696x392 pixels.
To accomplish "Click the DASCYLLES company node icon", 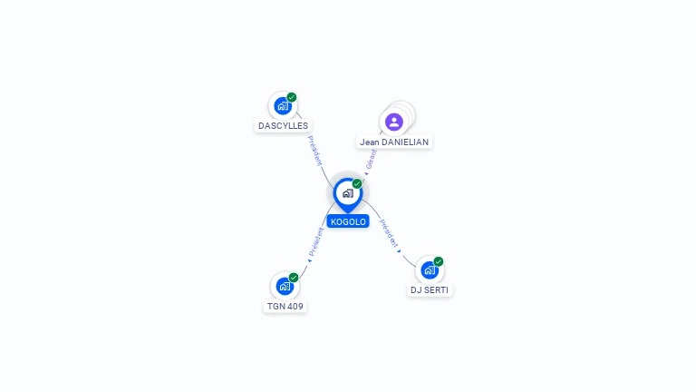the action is coord(283,106).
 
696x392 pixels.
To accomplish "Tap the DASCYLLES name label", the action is coord(283,126).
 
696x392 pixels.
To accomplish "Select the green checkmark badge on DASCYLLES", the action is coord(292,97).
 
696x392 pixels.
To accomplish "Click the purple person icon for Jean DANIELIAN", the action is coord(393,122).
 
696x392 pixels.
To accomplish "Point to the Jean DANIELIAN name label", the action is coord(394,142).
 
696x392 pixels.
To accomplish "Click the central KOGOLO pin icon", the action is coord(348,194).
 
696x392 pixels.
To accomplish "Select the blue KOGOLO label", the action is coord(348,221).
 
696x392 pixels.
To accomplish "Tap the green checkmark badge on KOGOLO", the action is coord(357,183).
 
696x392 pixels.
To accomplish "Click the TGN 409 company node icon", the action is coord(285,286).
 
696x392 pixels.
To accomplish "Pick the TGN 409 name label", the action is coord(285,306).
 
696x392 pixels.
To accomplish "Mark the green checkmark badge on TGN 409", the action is coord(294,278).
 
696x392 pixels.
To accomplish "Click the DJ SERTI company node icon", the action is coord(430,270).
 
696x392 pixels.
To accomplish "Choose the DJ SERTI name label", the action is coord(430,290).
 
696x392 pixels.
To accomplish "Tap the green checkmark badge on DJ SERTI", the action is coord(438,261).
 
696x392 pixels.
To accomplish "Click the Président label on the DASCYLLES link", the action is coord(314,152).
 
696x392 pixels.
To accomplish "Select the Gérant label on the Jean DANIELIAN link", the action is coord(371,159).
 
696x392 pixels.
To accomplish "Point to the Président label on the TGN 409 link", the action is coord(316,241).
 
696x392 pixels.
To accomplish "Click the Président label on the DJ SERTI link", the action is coord(389,233).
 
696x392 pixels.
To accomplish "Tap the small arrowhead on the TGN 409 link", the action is coord(310,261).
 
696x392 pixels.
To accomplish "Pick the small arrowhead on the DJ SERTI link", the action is coord(399,251).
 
